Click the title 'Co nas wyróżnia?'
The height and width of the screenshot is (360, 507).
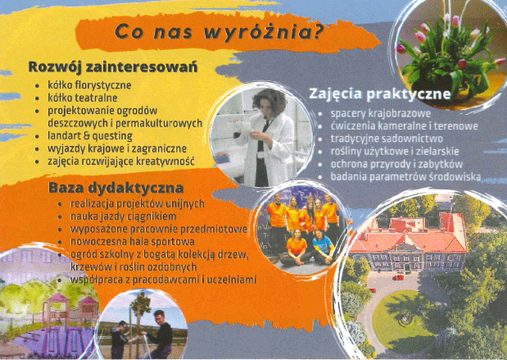[x=219, y=33]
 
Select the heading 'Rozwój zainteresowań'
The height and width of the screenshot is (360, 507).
[x=112, y=67]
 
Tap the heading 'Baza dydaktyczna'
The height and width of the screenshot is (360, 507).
[x=116, y=188]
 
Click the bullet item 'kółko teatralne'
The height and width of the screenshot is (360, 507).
[x=82, y=98]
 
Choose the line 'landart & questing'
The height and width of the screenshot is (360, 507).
[x=90, y=136]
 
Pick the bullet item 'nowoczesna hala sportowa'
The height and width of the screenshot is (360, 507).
[x=132, y=242]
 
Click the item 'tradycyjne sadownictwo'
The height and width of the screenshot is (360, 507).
[x=387, y=139]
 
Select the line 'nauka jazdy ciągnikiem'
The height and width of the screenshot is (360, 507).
[x=124, y=216]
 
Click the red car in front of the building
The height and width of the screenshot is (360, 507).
[x=399, y=278]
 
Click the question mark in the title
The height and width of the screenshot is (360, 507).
[x=318, y=32]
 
